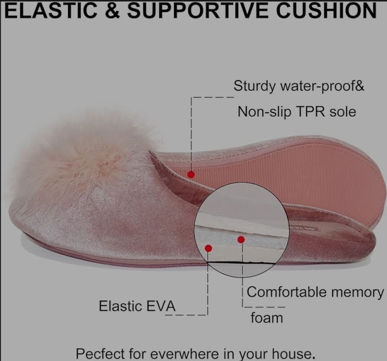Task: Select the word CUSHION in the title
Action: [x=326, y=11]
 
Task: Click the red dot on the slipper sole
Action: [x=191, y=175]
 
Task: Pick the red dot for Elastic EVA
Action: [x=209, y=248]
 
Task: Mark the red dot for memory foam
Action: [x=241, y=239]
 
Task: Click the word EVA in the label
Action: [x=161, y=306]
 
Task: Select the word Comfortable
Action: [x=287, y=292]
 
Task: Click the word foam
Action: [x=267, y=318]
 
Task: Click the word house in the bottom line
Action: [x=292, y=353]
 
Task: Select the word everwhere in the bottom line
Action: [x=184, y=354]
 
